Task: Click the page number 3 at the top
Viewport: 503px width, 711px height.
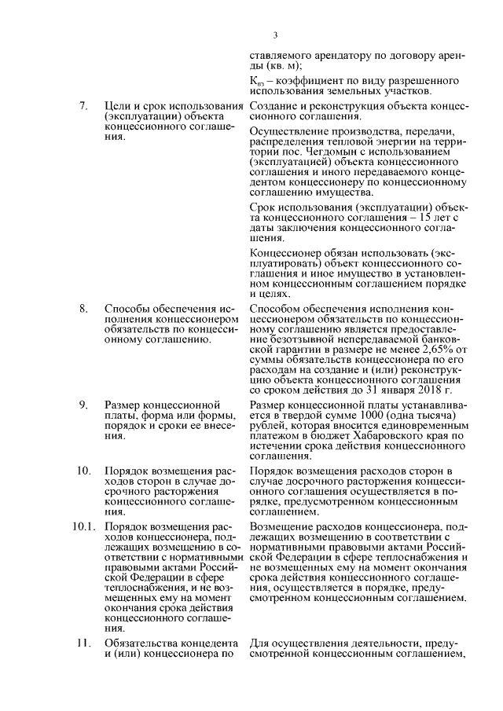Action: [275, 35]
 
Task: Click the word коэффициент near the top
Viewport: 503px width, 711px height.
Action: [307, 82]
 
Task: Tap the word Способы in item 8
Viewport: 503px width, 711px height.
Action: [129, 309]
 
